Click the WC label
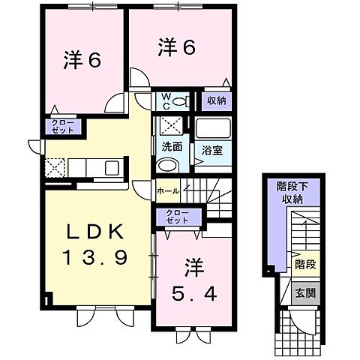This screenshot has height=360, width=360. [x=165, y=100]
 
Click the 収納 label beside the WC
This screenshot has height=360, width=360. [x=216, y=100]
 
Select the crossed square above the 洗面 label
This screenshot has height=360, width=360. [x=169, y=126]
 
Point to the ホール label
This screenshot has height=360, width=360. [x=168, y=191]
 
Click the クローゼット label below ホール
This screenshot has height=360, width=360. [x=178, y=217]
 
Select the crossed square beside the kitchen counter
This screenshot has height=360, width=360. [x=55, y=166]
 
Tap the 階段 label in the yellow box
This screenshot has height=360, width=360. [x=304, y=265]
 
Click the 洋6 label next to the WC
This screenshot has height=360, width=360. [x=177, y=47]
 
